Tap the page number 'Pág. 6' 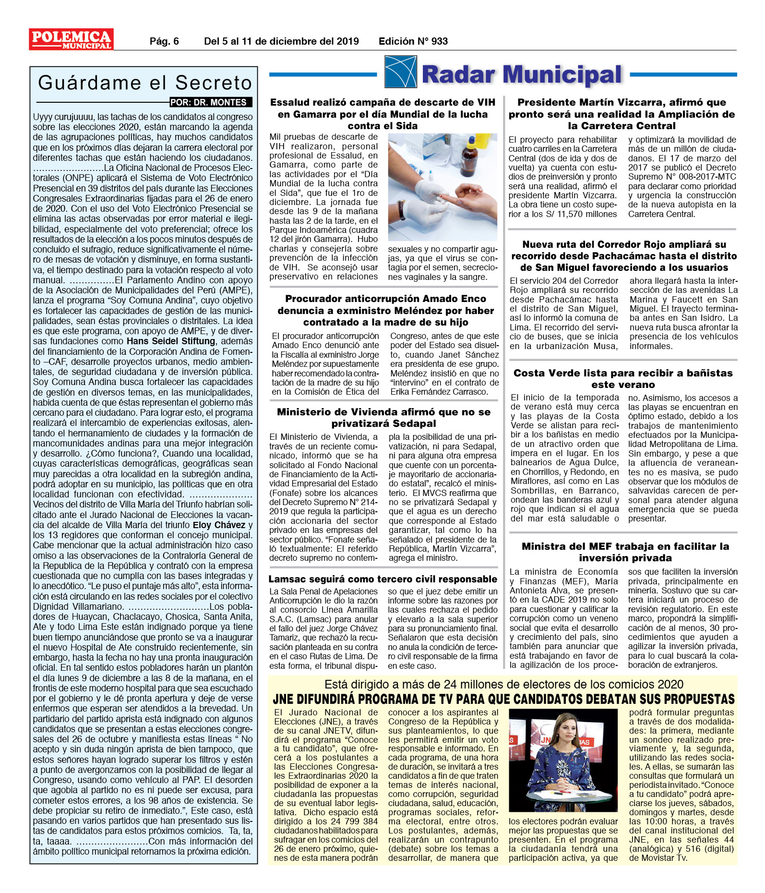pos(164,41)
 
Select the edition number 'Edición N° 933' pos(413,41)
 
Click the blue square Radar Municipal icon pos(400,72)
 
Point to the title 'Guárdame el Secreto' pos(145,83)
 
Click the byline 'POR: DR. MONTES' pos(209,102)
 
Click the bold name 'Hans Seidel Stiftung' pos(171,341)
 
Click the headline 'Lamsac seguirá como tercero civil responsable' pos(382,579)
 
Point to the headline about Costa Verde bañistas pos(623,379)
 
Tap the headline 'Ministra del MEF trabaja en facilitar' pos(625,552)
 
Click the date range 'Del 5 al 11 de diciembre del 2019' pos(281,41)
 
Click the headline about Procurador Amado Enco pos(385,310)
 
